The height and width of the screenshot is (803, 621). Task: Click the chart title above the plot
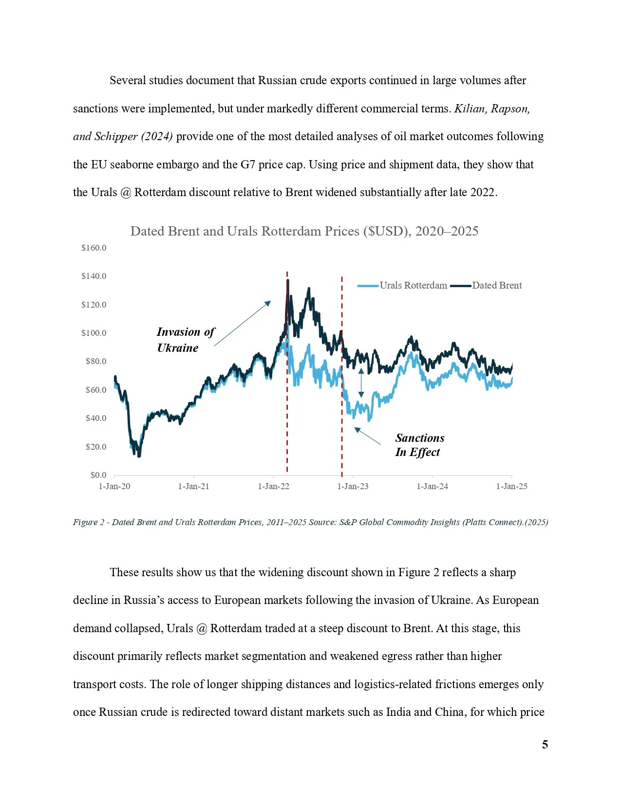(304, 231)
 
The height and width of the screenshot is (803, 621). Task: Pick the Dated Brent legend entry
(486, 285)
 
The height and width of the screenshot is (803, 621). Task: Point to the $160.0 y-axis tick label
(94, 248)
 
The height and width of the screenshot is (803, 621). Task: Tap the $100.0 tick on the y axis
(94, 333)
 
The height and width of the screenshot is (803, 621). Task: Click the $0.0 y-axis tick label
(98, 475)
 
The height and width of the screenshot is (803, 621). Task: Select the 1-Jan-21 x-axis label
(193, 486)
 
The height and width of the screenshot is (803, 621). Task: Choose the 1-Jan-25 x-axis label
(511, 486)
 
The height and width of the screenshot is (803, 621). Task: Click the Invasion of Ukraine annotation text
(185, 340)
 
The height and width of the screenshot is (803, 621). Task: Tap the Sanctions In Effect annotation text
(419, 445)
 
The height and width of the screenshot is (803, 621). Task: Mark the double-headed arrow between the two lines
(361, 383)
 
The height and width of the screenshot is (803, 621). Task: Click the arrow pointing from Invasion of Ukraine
(243, 323)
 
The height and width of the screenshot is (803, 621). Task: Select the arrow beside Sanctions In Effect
(367, 436)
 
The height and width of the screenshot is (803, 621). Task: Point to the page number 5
(545, 745)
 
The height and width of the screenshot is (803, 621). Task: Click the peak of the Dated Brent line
(288, 280)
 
